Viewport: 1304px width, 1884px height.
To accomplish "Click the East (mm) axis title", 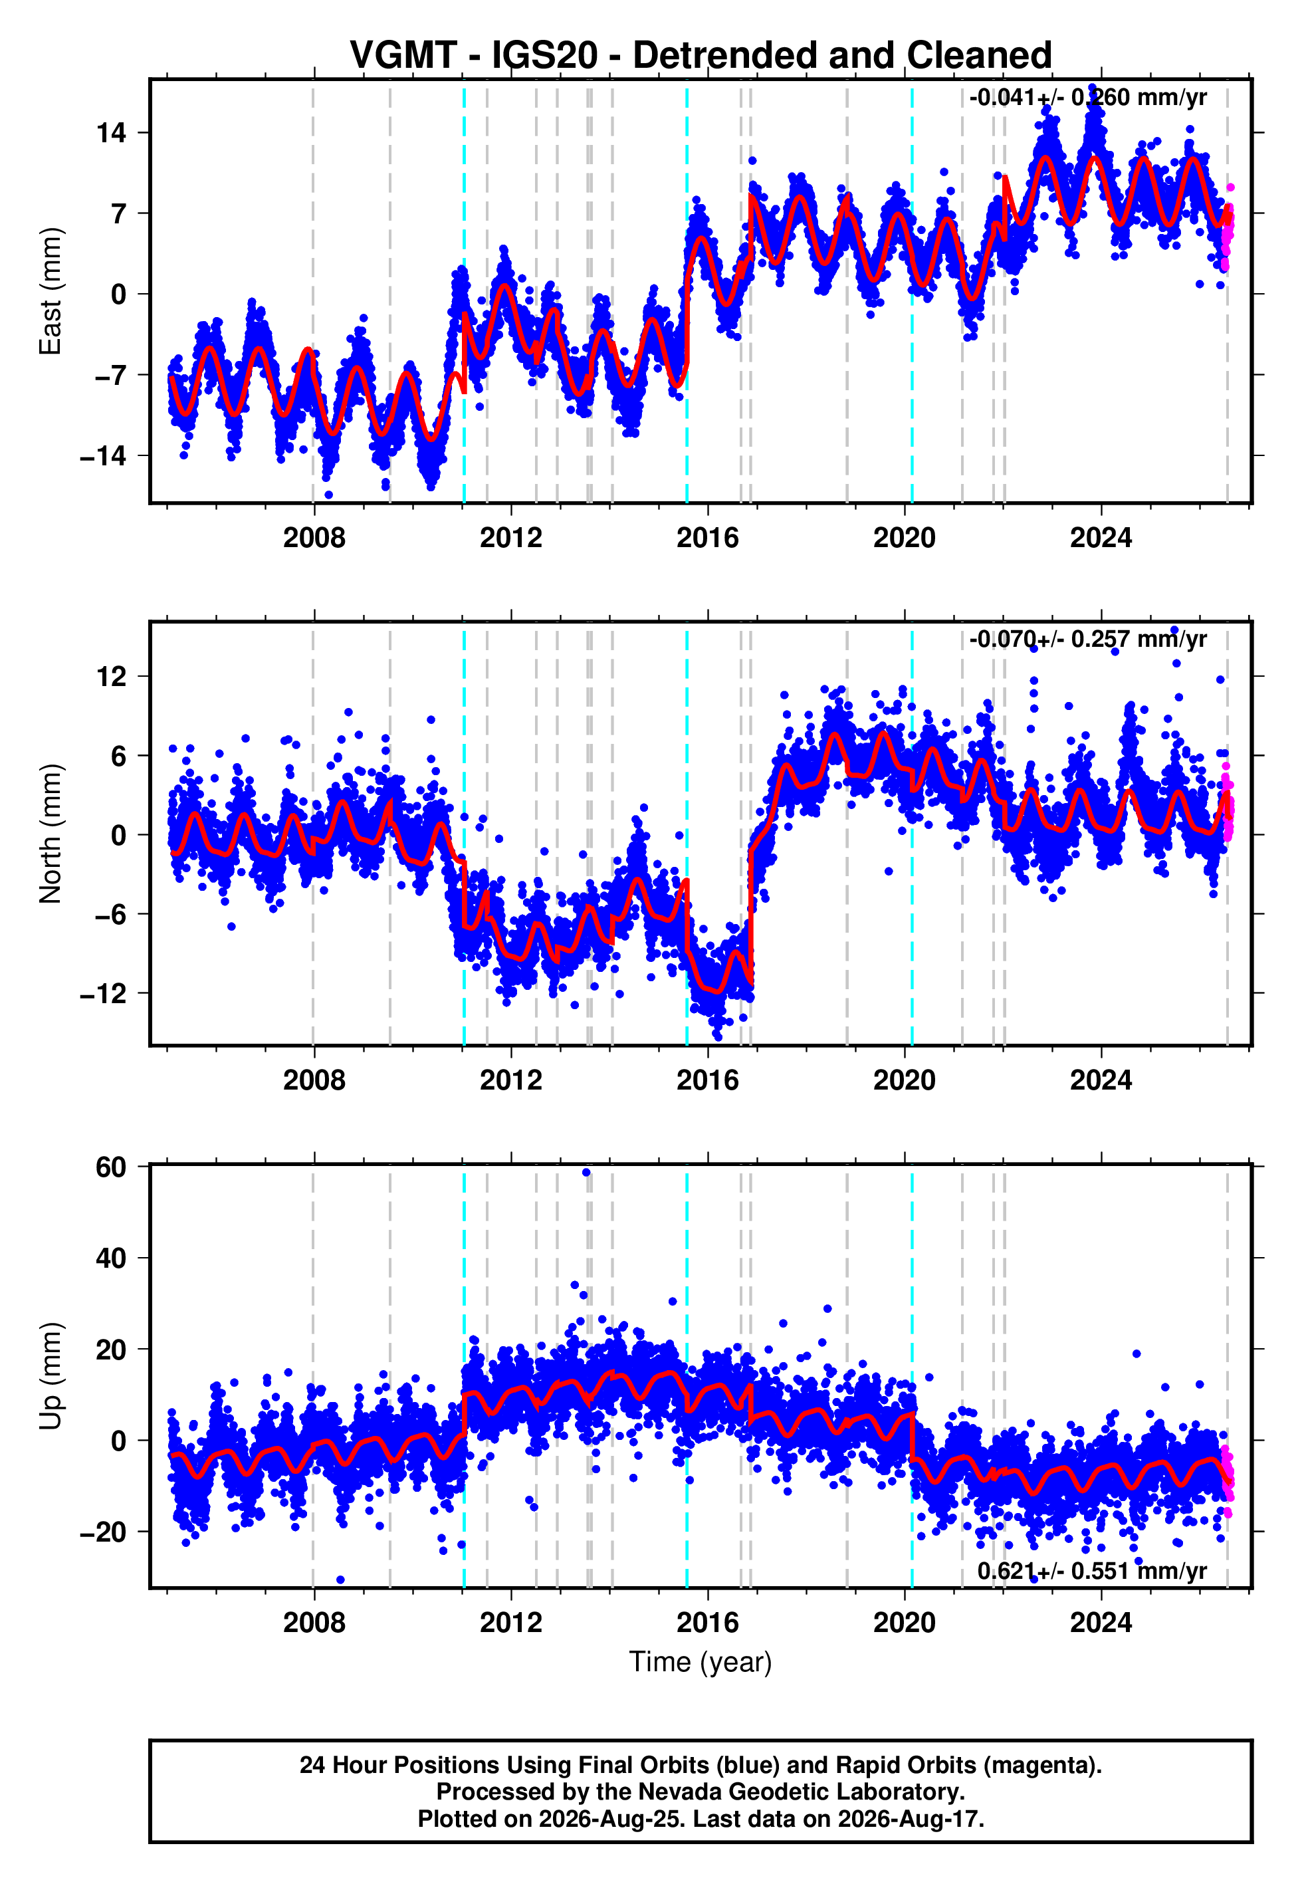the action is click(50, 291).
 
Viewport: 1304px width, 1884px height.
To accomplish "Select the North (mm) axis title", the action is click(50, 834).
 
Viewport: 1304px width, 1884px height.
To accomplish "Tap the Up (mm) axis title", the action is click(50, 1376).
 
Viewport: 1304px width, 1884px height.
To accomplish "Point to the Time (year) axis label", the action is click(701, 1663).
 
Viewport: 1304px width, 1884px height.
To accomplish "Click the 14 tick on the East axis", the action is click(112, 132).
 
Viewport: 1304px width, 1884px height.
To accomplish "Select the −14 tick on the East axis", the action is click(104, 456).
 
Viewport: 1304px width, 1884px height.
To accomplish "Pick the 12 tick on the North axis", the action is click(112, 677).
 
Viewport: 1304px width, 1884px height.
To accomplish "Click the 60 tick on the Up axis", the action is click(111, 1167).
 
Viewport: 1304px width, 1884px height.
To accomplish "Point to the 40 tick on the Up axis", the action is click(111, 1258).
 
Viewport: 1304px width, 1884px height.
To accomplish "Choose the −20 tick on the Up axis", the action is click(104, 1532).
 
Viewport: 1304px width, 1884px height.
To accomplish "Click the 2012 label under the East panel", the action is click(510, 538).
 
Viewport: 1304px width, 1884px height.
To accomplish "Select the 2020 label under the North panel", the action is click(905, 1080).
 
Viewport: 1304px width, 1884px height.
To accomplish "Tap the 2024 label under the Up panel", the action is click(1101, 1623).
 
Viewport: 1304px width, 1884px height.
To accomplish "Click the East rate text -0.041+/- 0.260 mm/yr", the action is click(1087, 98).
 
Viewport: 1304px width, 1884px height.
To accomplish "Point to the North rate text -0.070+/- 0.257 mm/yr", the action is click(1087, 639).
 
